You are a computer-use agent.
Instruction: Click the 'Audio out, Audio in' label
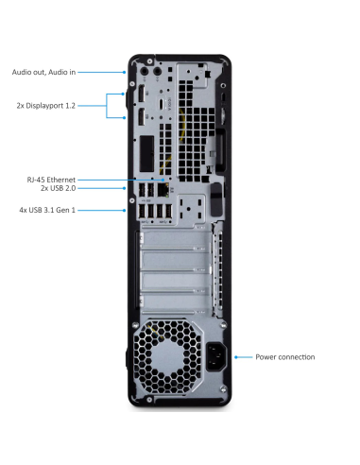pos(43,71)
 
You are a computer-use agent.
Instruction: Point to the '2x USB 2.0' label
pos(56,189)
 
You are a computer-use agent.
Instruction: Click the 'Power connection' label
pos(284,357)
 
